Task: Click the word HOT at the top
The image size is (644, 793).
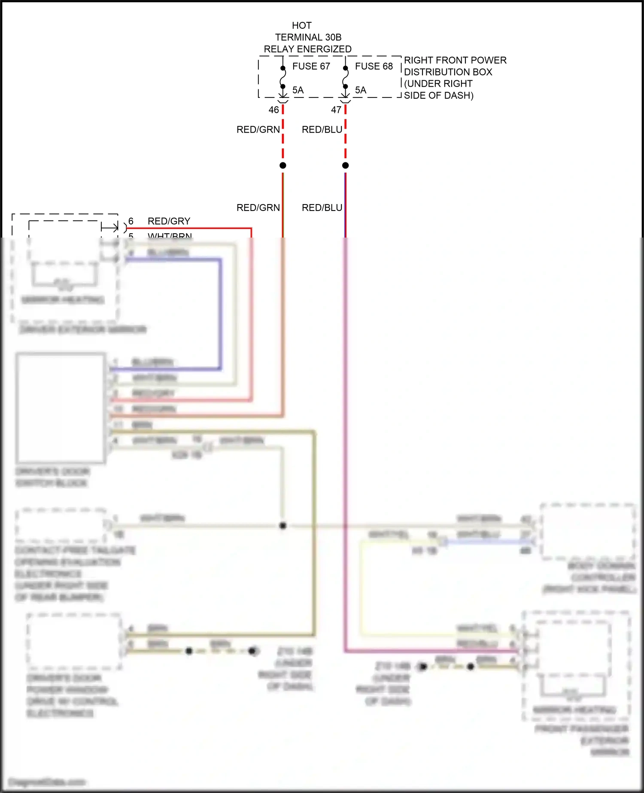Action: pyautogui.click(x=301, y=26)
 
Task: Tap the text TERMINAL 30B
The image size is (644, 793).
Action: pyautogui.click(x=308, y=37)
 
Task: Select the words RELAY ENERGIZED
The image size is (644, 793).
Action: pyautogui.click(x=307, y=49)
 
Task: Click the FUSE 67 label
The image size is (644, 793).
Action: pyautogui.click(x=311, y=66)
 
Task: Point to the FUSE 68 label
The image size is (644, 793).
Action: pyautogui.click(x=374, y=66)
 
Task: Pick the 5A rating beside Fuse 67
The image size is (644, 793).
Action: pyautogui.click(x=298, y=90)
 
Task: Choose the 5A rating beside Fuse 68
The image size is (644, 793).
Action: pyautogui.click(x=361, y=90)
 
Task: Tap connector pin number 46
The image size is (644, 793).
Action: pyautogui.click(x=273, y=110)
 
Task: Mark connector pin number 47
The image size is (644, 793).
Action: pyautogui.click(x=336, y=110)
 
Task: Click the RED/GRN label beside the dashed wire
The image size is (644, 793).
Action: pyautogui.click(x=258, y=130)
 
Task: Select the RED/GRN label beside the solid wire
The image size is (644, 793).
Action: pyautogui.click(x=258, y=208)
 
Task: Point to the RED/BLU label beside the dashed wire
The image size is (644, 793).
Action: pyautogui.click(x=322, y=130)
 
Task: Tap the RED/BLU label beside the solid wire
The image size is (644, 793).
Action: pyautogui.click(x=322, y=208)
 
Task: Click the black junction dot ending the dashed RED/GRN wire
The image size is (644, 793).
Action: pyautogui.click(x=283, y=165)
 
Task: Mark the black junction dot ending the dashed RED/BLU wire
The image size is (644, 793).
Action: pyautogui.click(x=345, y=165)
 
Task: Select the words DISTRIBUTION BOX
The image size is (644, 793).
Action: pyautogui.click(x=448, y=72)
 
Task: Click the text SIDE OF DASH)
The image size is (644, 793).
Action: pyautogui.click(x=438, y=95)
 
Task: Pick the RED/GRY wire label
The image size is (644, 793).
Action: pyautogui.click(x=169, y=221)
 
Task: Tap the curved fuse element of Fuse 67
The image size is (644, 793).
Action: pyautogui.click(x=283, y=78)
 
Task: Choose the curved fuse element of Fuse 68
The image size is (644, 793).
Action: pyautogui.click(x=345, y=78)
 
